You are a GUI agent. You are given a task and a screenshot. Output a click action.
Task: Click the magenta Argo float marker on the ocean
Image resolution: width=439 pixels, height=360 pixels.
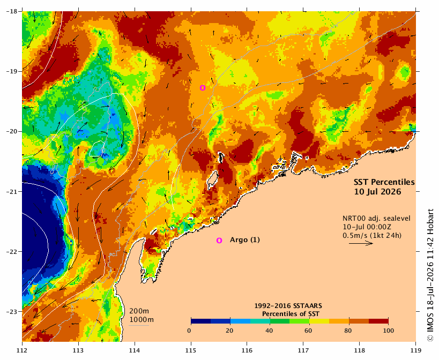pyautogui.click(x=203, y=88)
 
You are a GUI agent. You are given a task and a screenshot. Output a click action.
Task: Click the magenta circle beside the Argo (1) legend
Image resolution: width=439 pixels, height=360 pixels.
pyautogui.click(x=219, y=241)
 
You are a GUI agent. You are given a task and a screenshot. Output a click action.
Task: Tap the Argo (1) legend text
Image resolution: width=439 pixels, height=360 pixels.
pyautogui.click(x=245, y=240)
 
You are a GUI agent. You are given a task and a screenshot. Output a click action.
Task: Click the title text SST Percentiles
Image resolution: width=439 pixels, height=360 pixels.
pyautogui.click(x=384, y=182)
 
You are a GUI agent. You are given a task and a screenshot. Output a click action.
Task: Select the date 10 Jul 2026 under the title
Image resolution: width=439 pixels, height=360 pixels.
pyautogui.click(x=377, y=192)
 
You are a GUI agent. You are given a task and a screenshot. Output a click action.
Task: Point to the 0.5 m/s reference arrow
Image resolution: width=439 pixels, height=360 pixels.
pyautogui.click(x=361, y=243)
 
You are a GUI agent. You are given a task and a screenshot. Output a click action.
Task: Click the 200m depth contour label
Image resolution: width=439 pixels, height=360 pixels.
pyautogui.click(x=139, y=311)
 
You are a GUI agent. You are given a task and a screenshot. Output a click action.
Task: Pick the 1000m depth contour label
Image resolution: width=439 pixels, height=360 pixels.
pyautogui.click(x=142, y=320)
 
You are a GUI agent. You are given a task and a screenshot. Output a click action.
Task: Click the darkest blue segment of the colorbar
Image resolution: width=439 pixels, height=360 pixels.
pyautogui.click(x=201, y=321)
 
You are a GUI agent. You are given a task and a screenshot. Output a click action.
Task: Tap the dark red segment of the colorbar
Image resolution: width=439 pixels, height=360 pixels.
pyautogui.click(x=378, y=321)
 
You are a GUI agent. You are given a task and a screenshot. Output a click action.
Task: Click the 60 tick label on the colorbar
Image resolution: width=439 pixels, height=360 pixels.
pyautogui.click(x=308, y=331)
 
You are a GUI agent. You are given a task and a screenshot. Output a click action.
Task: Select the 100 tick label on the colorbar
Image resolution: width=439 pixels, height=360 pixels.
pyautogui.click(x=388, y=331)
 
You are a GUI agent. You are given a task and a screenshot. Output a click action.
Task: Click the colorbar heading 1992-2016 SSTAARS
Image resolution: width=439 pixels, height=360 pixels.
pyautogui.click(x=288, y=306)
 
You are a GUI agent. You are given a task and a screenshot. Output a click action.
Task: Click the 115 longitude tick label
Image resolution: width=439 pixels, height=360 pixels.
pyautogui.click(x=191, y=350)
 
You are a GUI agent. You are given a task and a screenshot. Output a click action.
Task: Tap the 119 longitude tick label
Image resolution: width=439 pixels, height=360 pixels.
pyautogui.click(x=416, y=350)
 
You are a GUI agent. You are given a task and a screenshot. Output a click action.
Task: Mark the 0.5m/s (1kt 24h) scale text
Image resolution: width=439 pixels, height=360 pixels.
pyautogui.click(x=372, y=236)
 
